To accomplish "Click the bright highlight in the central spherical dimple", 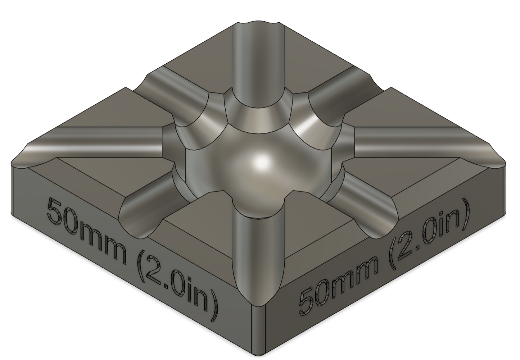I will coord(262,161).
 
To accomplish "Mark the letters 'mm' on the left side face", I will coord(101,241).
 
